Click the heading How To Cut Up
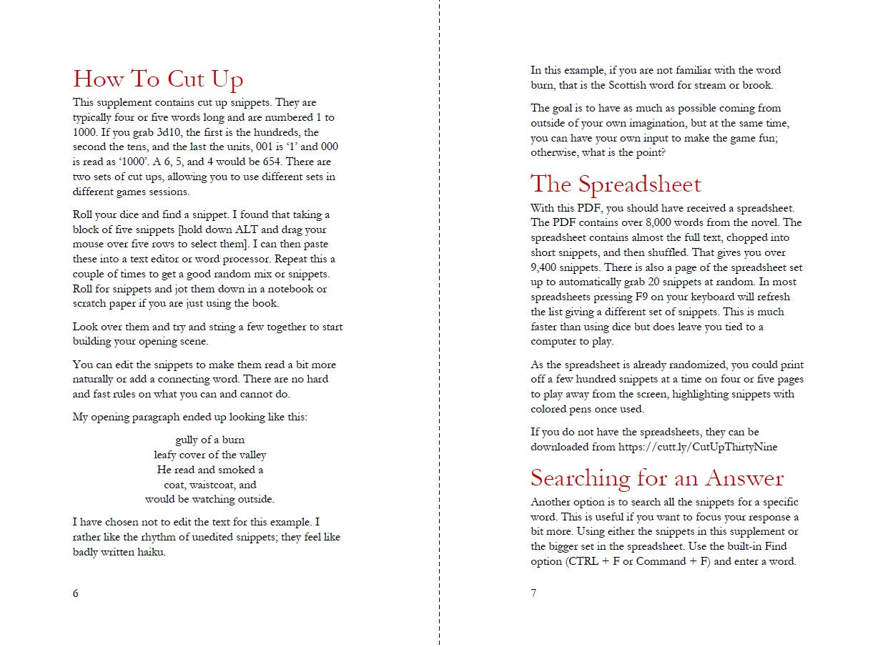click(158, 79)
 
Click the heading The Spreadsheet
click(616, 184)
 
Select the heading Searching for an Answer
click(657, 478)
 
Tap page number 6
click(76, 593)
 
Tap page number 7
click(533, 593)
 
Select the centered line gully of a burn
click(209, 440)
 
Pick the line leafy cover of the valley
click(209, 455)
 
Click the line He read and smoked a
click(209, 470)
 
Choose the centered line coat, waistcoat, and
click(209, 485)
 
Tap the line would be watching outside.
click(209, 500)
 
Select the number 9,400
click(547, 267)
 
